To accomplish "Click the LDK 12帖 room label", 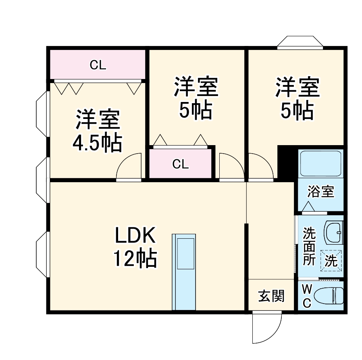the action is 135,247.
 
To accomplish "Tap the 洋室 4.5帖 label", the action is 98,131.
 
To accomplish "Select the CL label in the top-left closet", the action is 98,65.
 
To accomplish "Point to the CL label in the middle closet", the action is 181,164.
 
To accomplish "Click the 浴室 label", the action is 320,191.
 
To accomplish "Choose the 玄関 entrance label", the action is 271,296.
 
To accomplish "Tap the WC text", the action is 307,296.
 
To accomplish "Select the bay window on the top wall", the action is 300,42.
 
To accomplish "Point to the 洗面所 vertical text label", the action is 309,246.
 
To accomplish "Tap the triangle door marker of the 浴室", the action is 308,206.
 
